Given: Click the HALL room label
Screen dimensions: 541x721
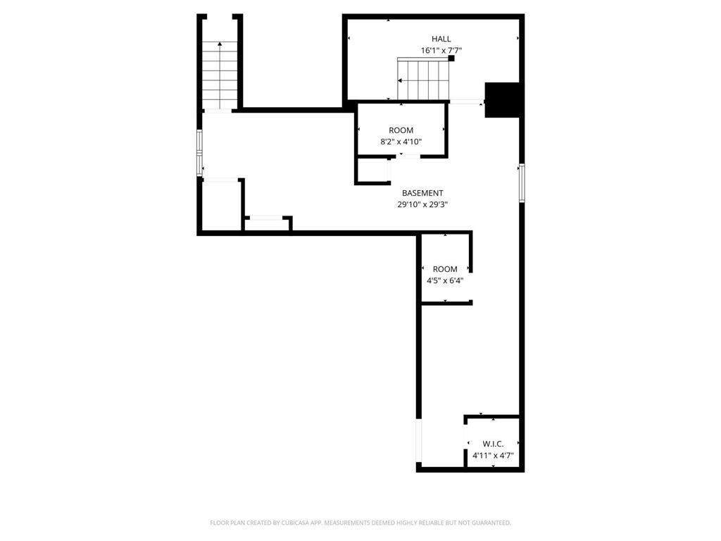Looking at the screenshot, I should [x=441, y=39].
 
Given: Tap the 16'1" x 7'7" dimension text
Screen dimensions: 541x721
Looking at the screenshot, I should [x=441, y=51].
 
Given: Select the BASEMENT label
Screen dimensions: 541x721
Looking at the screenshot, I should [x=422, y=193].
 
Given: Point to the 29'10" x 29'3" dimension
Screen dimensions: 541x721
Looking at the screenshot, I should [x=422, y=205].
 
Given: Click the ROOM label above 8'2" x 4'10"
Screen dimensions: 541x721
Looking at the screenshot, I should [x=401, y=130].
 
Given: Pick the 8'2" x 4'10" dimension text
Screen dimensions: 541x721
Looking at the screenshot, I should [x=401, y=142].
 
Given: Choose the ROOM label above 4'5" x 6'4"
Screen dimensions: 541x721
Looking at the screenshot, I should [x=445, y=269].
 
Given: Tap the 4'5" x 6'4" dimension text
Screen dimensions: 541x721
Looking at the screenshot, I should [x=445, y=280].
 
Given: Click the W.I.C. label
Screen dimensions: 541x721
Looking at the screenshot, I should [x=493, y=444].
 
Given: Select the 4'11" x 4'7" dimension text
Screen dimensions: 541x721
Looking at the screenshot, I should [x=493, y=456].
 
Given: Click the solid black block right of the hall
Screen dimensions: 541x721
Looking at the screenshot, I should [x=503, y=99].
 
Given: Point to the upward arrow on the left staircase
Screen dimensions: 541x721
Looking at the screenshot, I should [x=220, y=45].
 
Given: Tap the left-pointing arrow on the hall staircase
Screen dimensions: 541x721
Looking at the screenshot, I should [x=401, y=80].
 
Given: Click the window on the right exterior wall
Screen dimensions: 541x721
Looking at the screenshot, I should [x=522, y=182].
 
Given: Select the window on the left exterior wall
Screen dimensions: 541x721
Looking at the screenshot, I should [x=200, y=152].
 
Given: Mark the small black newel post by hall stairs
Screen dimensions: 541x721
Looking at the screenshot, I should [x=451, y=58].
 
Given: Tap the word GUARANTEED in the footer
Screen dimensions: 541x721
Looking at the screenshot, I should [x=488, y=523].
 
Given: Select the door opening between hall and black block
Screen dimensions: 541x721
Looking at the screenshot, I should [x=465, y=103].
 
